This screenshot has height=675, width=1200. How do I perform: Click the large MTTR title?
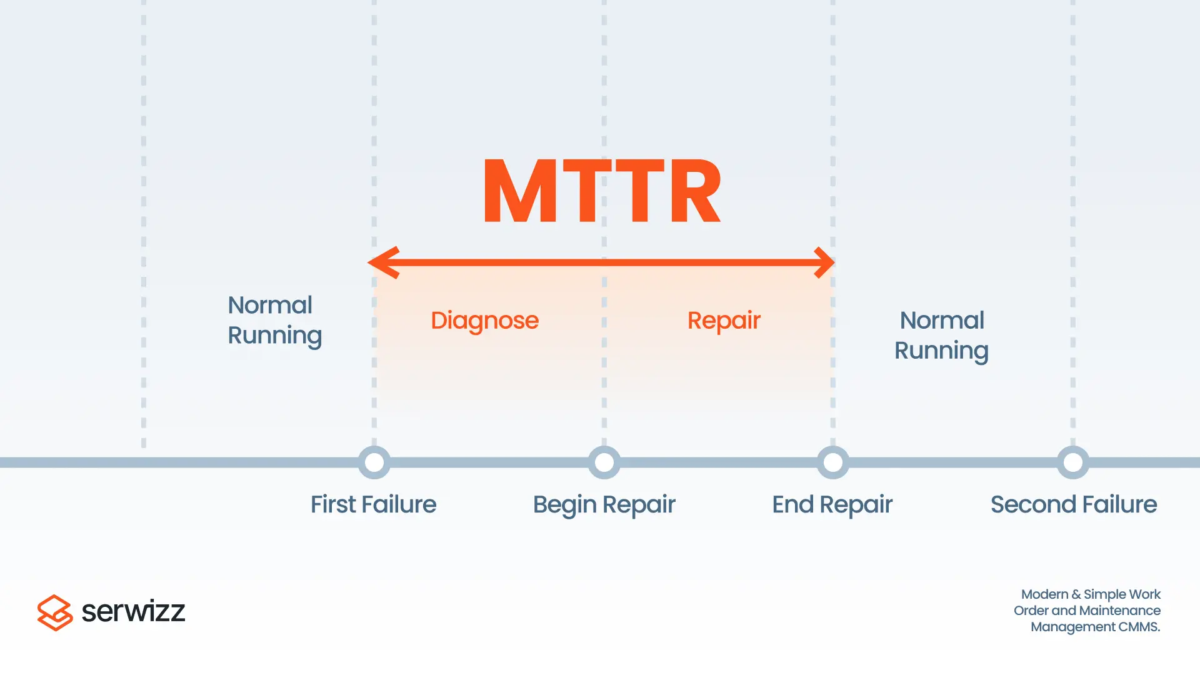pyautogui.click(x=602, y=191)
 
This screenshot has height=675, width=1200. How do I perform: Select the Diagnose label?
pyautogui.click(x=484, y=321)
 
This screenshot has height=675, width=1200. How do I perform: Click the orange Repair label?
pyautogui.click(x=724, y=321)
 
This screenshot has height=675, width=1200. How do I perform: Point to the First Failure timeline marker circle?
pyautogui.click(x=374, y=462)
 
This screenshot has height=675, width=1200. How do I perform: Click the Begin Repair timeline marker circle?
pyautogui.click(x=604, y=462)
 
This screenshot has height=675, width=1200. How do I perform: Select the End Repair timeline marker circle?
pyautogui.click(x=833, y=462)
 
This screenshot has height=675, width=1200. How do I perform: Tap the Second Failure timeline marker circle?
pyautogui.click(x=1073, y=462)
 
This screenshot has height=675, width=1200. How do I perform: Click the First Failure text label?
pyautogui.click(x=373, y=504)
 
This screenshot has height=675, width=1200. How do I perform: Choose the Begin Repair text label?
pyautogui.click(x=604, y=504)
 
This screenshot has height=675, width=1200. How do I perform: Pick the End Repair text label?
pyautogui.click(x=832, y=504)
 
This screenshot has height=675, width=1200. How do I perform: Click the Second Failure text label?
pyautogui.click(x=1073, y=504)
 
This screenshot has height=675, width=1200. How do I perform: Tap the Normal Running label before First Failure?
pyautogui.click(x=274, y=320)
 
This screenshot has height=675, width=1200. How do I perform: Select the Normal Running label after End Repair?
pyautogui.click(x=941, y=335)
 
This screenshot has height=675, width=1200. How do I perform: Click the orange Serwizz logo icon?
pyautogui.click(x=55, y=612)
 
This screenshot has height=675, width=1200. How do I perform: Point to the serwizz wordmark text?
pyautogui.click(x=133, y=611)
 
